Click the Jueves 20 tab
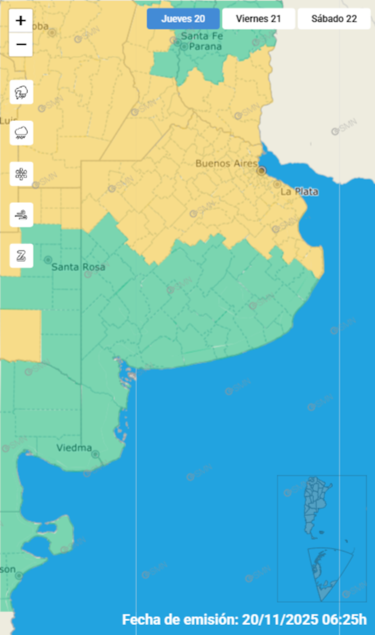click(183, 19)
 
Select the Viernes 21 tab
click(259, 19)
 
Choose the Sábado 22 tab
click(334, 19)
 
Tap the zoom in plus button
click(21, 21)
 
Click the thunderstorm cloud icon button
click(21, 93)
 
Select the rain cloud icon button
click(21, 133)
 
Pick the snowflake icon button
click(21, 174)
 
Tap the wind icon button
click(21, 215)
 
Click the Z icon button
click(21, 256)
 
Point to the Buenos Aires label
click(226, 163)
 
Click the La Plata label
click(299, 192)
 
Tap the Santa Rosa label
click(78, 267)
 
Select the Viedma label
click(74, 448)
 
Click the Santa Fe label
click(202, 36)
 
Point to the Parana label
click(205, 47)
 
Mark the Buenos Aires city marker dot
click(261, 171)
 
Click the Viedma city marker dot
click(95, 454)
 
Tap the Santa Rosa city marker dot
click(48, 260)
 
